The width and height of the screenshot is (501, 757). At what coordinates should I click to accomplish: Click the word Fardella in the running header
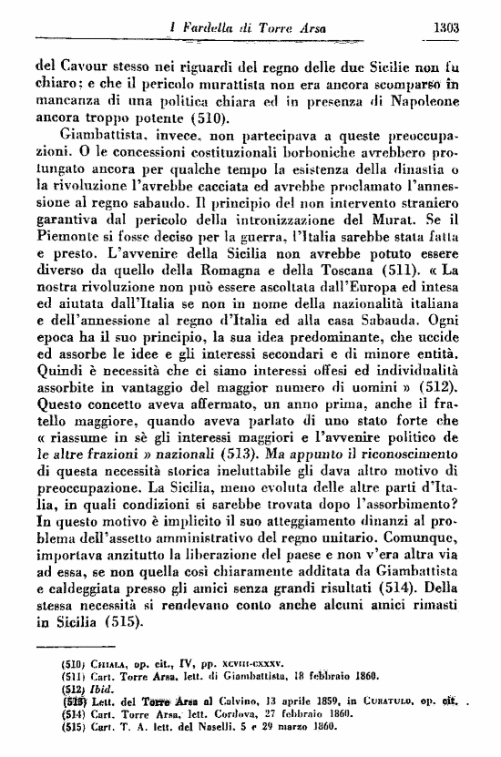(208, 28)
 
